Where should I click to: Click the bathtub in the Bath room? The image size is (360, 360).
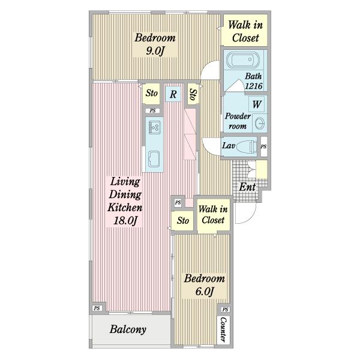[x=242, y=60]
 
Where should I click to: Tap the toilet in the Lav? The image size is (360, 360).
[x=247, y=146]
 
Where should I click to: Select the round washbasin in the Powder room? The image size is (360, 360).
[x=260, y=123]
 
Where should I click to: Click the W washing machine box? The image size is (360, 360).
[x=256, y=104]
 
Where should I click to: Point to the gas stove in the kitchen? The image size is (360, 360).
[x=155, y=127]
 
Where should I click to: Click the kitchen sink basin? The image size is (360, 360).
[x=154, y=159]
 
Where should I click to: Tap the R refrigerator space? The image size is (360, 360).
[x=173, y=94]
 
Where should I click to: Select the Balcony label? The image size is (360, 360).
[x=128, y=329]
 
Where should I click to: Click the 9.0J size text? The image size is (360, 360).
[x=155, y=51]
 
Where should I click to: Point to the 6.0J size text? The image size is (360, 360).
[x=205, y=292]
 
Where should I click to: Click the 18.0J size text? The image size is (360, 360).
[x=125, y=220]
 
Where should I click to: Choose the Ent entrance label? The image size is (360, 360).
[x=247, y=187]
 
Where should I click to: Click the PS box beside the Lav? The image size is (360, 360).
[x=263, y=146]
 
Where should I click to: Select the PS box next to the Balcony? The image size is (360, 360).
[x=97, y=308]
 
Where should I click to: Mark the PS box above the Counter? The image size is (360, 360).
[x=225, y=309]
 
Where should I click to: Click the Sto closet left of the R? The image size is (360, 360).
[x=151, y=93]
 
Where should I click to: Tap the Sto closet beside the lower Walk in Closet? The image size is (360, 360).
[x=183, y=221]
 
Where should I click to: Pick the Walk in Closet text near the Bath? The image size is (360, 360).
[x=245, y=31]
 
